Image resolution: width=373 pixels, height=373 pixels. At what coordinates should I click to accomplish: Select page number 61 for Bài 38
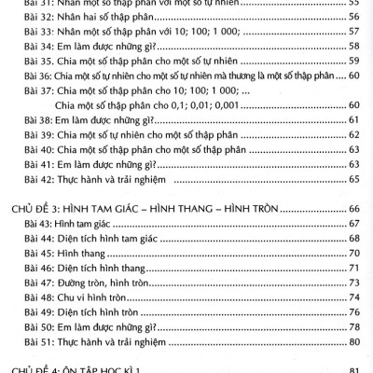353,119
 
